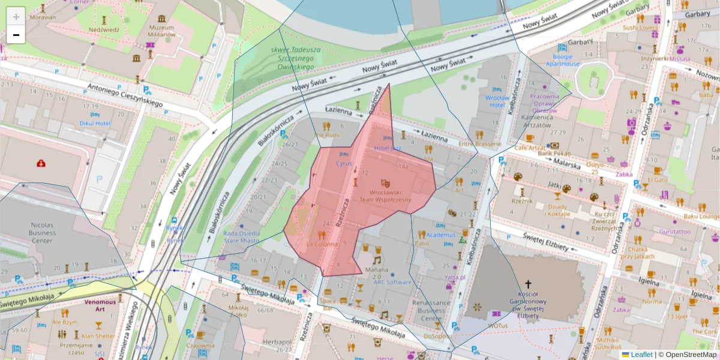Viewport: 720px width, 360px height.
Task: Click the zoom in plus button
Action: (16, 16)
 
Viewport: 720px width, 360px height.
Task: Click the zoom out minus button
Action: (16, 35)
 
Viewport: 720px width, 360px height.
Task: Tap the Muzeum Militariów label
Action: (161, 31)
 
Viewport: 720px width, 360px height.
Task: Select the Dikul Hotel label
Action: (95, 124)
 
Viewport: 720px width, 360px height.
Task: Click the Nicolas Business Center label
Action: (42, 231)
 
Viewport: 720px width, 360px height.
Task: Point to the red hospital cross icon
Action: (41, 163)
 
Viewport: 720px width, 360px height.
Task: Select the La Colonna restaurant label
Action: (322, 244)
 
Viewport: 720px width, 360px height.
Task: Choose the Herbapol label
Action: (277, 343)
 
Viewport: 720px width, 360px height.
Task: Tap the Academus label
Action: (441, 235)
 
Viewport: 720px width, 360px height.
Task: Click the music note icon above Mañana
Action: (377, 260)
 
